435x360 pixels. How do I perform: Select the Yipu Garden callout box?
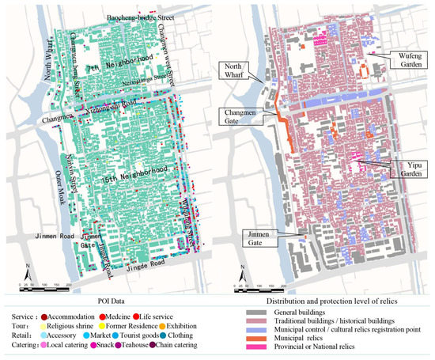[x=403, y=168]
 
